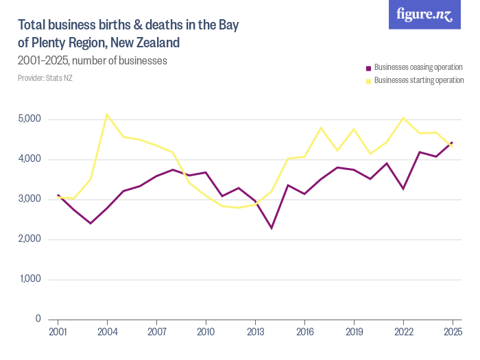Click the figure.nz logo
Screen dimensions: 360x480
click(x=424, y=14)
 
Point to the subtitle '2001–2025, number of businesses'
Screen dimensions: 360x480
click(x=93, y=61)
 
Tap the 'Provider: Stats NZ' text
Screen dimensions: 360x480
click(x=45, y=78)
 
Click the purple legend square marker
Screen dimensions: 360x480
click(x=368, y=69)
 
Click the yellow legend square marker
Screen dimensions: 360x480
click(x=368, y=81)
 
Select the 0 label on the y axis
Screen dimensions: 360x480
click(x=38, y=319)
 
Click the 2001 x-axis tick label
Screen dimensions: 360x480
click(x=58, y=332)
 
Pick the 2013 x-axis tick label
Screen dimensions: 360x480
click(x=255, y=332)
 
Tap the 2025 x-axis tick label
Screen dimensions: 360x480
click(x=453, y=332)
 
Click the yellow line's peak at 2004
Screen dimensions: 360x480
click(x=107, y=115)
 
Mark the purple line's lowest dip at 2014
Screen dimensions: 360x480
click(x=272, y=228)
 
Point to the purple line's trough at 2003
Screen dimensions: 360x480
click(x=91, y=223)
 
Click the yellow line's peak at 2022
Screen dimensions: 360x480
click(x=403, y=118)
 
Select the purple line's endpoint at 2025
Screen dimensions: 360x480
click(x=453, y=142)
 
